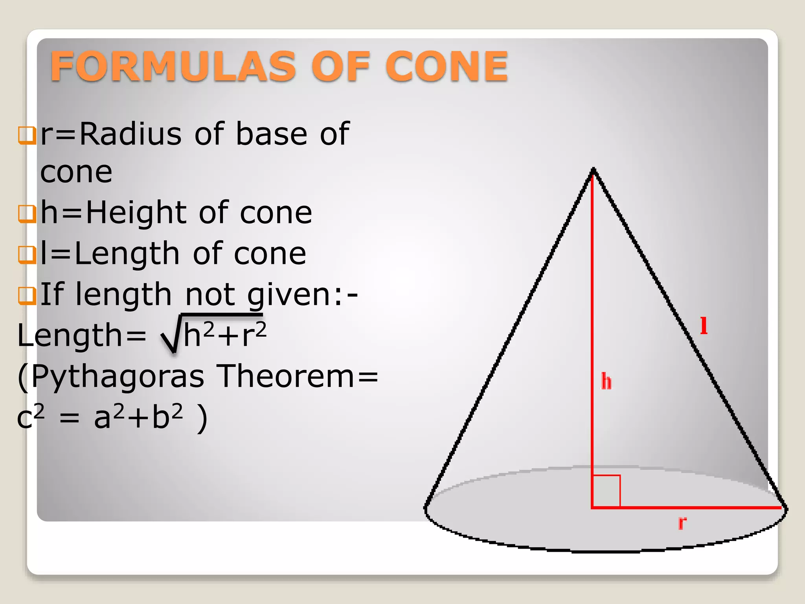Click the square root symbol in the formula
171,334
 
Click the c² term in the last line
31,417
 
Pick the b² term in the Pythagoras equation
167,417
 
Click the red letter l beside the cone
704,326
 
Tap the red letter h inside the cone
607,382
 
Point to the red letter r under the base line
682,523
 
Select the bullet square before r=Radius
27,136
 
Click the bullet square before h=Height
27,214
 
